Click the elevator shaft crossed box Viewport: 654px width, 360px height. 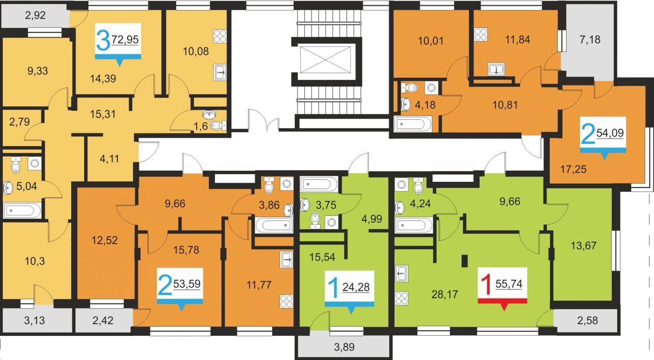(x=325, y=59)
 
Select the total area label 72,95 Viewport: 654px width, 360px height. (x=125, y=39)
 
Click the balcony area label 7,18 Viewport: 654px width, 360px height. (x=590, y=39)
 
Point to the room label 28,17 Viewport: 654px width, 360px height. (x=445, y=294)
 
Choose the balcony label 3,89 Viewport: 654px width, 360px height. (x=344, y=347)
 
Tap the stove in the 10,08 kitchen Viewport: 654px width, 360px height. (x=219, y=36)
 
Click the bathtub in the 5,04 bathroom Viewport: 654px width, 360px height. (x=22, y=210)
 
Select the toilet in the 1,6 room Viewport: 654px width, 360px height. (x=217, y=125)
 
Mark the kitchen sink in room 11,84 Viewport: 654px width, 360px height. (x=496, y=69)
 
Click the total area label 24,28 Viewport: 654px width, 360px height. (x=356, y=287)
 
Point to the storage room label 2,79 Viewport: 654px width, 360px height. (x=19, y=122)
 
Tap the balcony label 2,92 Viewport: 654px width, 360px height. (x=35, y=15)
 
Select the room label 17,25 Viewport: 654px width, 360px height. (x=573, y=169)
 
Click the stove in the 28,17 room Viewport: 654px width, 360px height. (x=402, y=298)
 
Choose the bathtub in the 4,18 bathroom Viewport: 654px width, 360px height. (x=413, y=124)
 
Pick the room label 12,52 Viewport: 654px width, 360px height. (x=105, y=240)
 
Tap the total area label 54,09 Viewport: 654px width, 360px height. (x=610, y=133)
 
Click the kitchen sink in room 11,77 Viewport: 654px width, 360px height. (x=287, y=259)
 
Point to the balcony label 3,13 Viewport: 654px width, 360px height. (x=34, y=321)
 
